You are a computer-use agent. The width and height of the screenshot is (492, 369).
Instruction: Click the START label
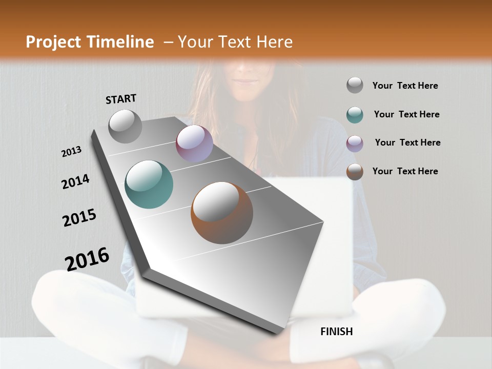[x=121, y=99]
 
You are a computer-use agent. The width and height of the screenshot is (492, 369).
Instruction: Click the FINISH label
[x=337, y=332]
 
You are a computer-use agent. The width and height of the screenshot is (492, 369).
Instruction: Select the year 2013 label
[x=72, y=152]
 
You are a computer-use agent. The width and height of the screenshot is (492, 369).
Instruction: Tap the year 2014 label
[x=76, y=181]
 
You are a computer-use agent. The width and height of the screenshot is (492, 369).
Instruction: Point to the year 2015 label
[x=79, y=218]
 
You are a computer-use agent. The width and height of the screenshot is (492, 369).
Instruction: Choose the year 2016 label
[x=87, y=259]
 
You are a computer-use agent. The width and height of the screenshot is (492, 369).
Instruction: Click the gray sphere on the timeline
[x=125, y=126]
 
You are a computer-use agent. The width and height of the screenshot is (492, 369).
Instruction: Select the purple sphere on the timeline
[x=194, y=143]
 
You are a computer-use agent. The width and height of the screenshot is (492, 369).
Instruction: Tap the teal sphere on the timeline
[x=149, y=184]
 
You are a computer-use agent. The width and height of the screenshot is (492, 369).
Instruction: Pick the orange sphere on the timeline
[x=222, y=212]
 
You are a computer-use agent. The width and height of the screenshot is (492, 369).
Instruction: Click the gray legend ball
[x=355, y=85]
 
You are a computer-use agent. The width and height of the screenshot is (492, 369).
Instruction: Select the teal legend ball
[x=355, y=115]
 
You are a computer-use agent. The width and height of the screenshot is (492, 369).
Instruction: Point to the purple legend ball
[x=355, y=143]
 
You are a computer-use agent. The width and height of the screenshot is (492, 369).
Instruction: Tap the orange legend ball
[x=355, y=172]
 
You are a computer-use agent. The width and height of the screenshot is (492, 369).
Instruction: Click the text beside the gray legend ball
[x=405, y=86]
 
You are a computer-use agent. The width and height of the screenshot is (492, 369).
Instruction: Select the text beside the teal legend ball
[x=407, y=114]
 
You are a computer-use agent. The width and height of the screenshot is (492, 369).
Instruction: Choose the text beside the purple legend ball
[x=408, y=142]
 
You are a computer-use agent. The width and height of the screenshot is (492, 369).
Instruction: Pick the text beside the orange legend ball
[x=405, y=171]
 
